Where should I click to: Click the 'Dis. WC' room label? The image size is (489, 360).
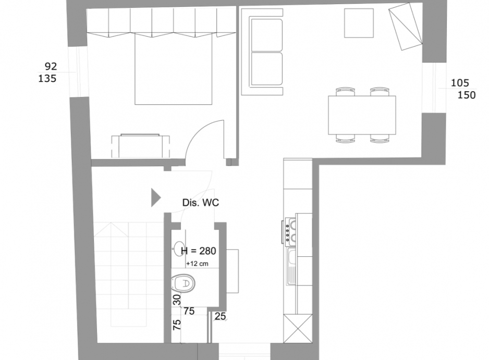201,203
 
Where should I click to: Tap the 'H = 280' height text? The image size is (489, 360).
198,251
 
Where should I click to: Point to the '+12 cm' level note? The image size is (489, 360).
197,264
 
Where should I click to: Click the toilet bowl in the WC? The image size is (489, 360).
184,283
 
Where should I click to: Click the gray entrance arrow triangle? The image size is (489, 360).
156,197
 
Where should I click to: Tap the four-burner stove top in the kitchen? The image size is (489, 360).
291,231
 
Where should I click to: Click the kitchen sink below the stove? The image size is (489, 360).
291,267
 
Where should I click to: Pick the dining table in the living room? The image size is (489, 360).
362,115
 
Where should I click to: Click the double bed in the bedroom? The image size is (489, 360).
174,69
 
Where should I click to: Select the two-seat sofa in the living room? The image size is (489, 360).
262,52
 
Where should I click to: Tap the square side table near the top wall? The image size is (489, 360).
359,23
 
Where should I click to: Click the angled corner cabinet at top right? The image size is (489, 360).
406,27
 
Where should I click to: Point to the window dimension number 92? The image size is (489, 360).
51,66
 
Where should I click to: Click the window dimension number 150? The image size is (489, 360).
467,95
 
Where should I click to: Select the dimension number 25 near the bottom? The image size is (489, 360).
220,316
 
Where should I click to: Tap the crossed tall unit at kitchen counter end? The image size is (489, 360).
298,328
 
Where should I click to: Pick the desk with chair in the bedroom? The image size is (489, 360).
141,146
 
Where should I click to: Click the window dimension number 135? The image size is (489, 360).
47,79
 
